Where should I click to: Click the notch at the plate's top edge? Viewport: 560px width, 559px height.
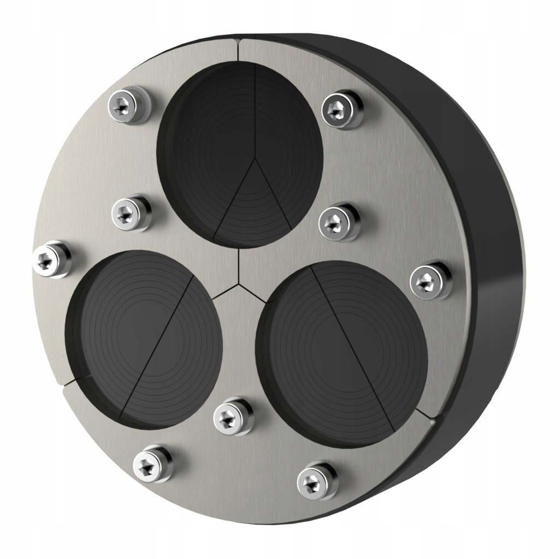pos(239,41)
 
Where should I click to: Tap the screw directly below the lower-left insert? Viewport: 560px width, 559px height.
pos(152,465)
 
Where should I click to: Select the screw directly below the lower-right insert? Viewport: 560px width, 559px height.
pos(317,480)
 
